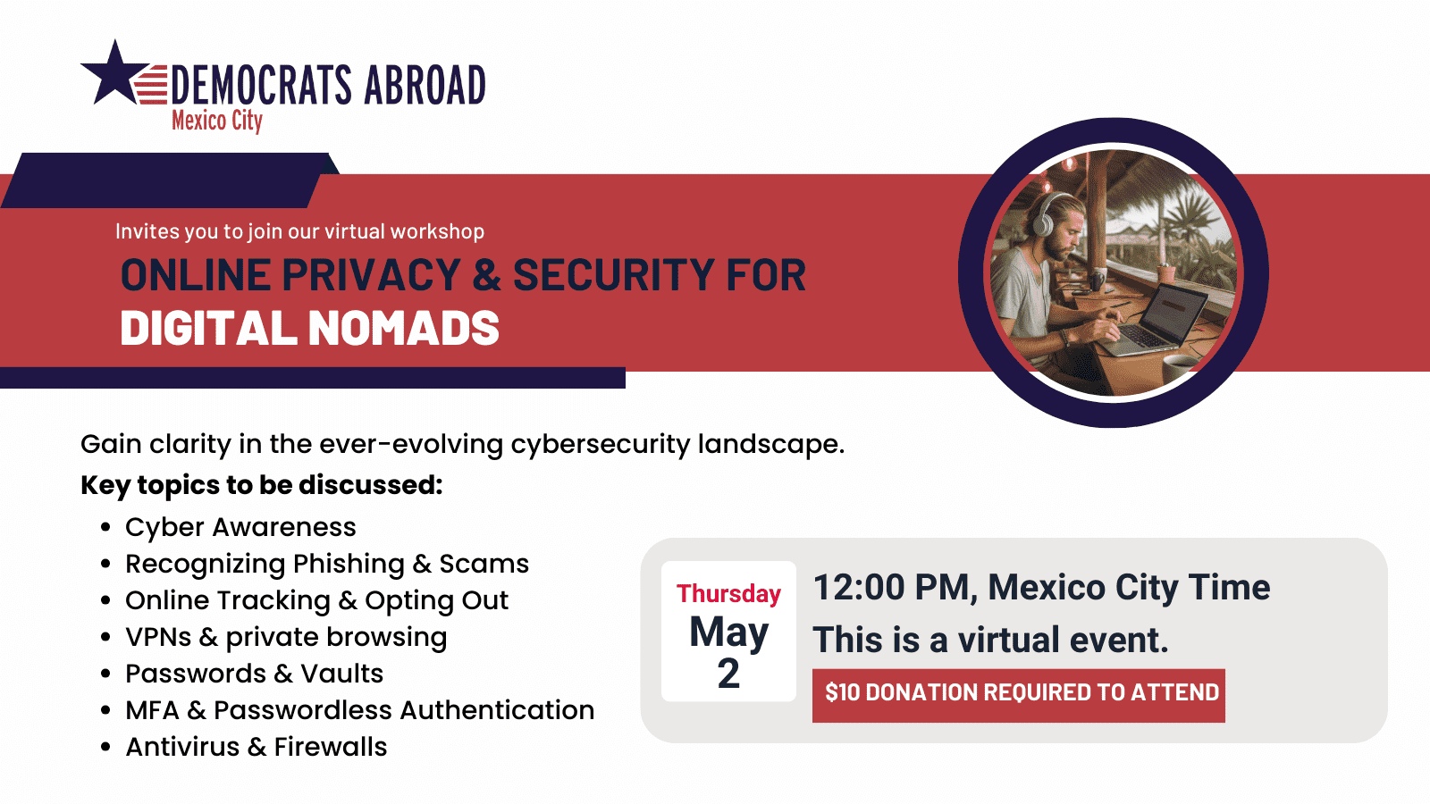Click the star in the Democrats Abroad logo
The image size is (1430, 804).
(114, 75)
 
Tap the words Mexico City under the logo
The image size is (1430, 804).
(217, 121)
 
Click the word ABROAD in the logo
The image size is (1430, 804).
(425, 86)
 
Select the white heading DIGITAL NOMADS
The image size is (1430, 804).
(309, 328)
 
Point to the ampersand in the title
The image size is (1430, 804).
(486, 275)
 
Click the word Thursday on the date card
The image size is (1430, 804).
(728, 594)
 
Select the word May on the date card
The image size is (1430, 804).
(728, 632)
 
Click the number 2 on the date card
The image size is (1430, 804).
(728, 674)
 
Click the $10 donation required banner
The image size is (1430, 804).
(1019, 693)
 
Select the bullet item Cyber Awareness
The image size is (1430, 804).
(240, 527)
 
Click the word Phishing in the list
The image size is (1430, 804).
(349, 565)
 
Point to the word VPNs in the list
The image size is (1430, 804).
(158, 637)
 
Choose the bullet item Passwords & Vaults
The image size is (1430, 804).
(254, 674)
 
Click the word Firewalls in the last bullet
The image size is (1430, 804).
(331, 747)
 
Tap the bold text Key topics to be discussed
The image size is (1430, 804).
(261, 485)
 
